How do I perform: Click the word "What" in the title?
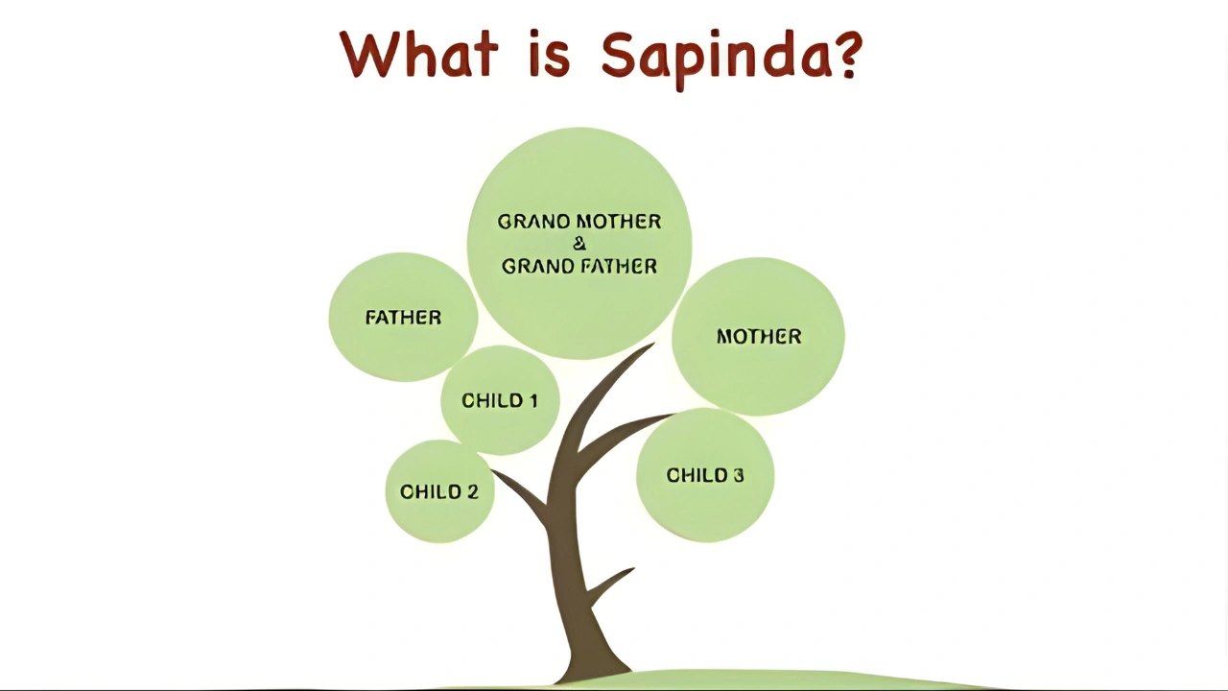tap(419, 54)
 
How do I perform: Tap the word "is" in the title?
tap(549, 54)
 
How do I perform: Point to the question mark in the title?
tap(848, 54)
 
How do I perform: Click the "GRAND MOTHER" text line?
tap(579, 222)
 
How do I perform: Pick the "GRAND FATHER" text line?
tap(579, 267)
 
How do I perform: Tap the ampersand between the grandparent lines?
tap(579, 244)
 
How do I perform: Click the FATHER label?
tap(404, 318)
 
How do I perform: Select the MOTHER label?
tap(759, 336)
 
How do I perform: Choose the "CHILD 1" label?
tap(500, 401)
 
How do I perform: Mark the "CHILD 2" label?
tap(439, 492)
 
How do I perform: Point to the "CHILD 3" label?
tap(705, 475)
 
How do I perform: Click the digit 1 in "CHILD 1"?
tap(532, 401)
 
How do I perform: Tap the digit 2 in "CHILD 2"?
tap(472, 492)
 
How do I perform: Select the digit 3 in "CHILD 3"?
tap(738, 475)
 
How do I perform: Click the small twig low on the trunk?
tap(607, 586)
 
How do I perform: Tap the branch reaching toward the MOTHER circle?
tap(625, 433)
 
